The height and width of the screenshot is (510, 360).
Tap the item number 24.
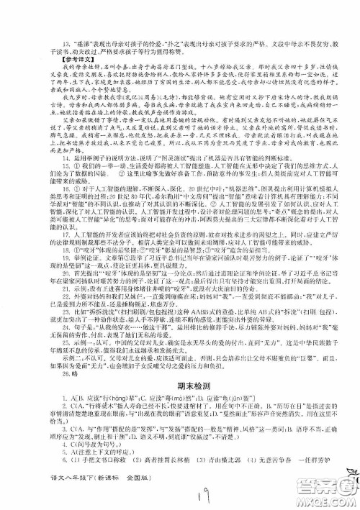coord(30,366)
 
